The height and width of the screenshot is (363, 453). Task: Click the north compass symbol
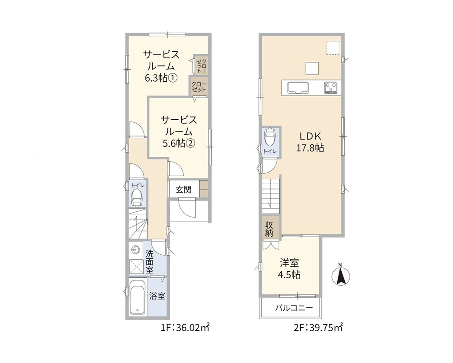coord(340,274)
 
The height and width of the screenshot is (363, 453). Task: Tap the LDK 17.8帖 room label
coord(310,142)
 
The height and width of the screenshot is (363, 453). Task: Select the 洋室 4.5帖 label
coord(289,269)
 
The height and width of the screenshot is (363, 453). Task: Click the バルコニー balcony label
coord(294,308)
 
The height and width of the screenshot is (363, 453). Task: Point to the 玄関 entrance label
coord(183,190)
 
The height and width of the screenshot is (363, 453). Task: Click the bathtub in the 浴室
coord(138,297)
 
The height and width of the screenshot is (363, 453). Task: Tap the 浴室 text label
coord(157,296)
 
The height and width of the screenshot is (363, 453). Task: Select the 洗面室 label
coord(149,262)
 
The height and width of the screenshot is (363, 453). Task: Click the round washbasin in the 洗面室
coord(135,250)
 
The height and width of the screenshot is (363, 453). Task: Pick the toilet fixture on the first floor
coord(137,198)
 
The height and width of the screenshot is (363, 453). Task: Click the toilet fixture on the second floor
coord(270,137)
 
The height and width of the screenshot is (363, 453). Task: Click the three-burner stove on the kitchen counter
coord(331,88)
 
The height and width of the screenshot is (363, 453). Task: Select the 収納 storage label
coord(269,229)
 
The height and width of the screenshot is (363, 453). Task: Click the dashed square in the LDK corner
coord(333,48)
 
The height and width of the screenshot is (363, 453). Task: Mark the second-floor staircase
coord(271,195)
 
